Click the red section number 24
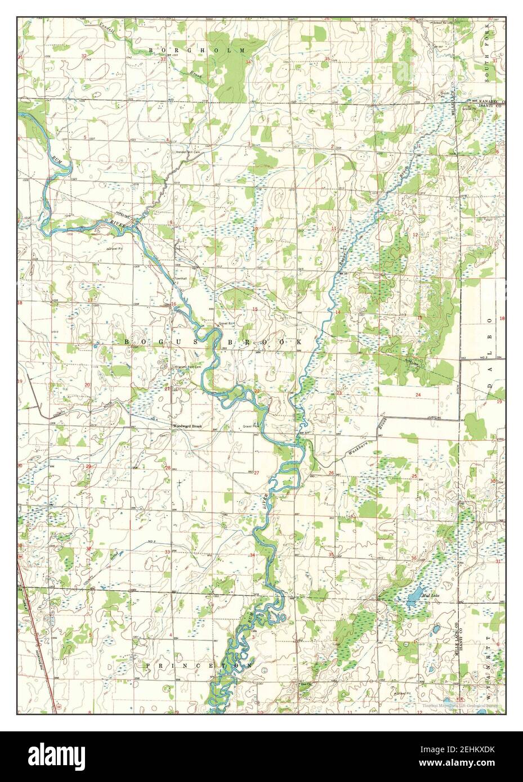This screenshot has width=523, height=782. click(x=418, y=396)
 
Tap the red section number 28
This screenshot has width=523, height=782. click(x=168, y=468)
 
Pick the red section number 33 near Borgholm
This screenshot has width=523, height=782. click(x=163, y=59)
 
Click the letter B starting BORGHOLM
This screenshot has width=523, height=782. click(x=151, y=51)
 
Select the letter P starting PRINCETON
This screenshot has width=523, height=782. click(x=148, y=665)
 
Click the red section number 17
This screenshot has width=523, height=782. click(x=90, y=300)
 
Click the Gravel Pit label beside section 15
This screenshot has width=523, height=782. click(x=227, y=325)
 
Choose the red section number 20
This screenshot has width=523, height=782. click(x=87, y=385)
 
